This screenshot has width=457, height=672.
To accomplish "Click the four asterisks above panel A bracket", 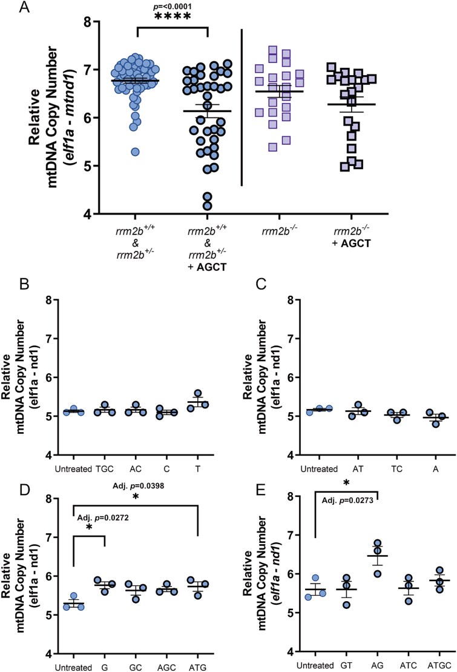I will point(173,17).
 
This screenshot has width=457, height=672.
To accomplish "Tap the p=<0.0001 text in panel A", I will point(173,5).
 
